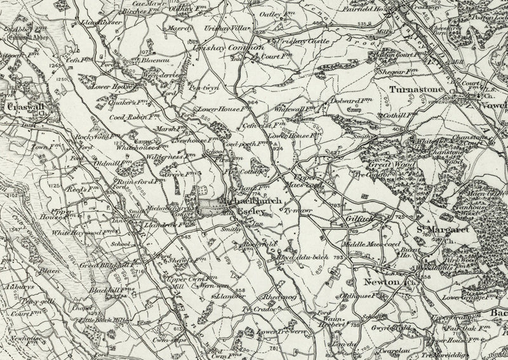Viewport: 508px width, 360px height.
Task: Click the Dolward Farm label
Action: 348,102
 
